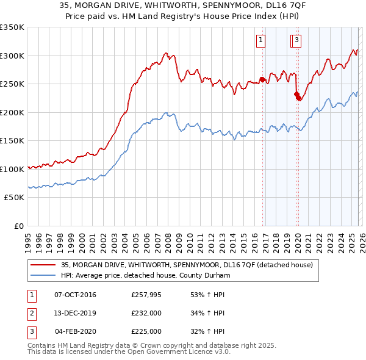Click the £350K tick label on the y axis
pyautogui.click(x=12, y=27)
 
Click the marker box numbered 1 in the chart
pyautogui.click(x=260, y=41)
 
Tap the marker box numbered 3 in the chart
pyautogui.click(x=296, y=41)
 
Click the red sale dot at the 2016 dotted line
pyautogui.click(x=262, y=79)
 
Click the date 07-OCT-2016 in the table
pyautogui.click(x=75, y=295)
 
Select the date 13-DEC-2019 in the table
pyautogui.click(x=75, y=313)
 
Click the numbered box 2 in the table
pyautogui.click(x=31, y=313)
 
